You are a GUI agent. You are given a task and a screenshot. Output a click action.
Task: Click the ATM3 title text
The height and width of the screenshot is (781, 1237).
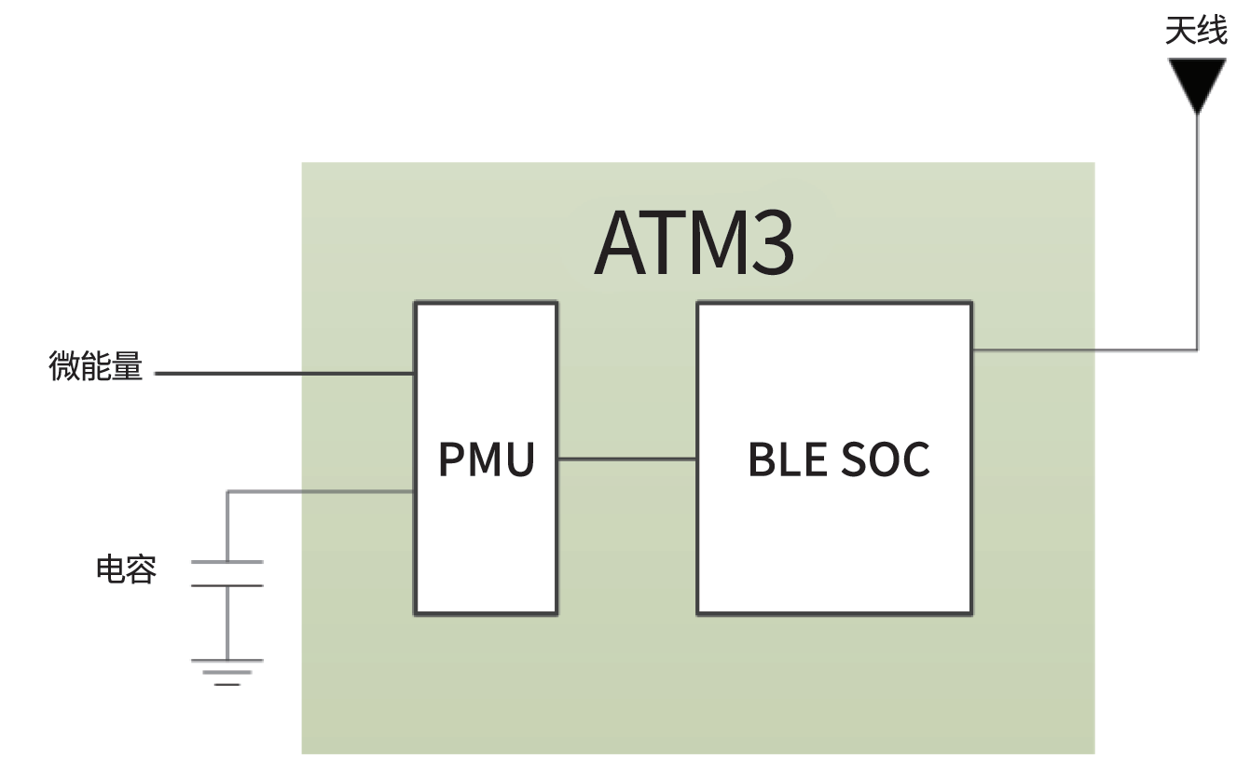(694, 243)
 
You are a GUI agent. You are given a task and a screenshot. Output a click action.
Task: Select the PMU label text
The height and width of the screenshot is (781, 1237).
(487, 459)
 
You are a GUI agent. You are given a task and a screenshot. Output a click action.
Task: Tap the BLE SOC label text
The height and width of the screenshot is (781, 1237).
(839, 459)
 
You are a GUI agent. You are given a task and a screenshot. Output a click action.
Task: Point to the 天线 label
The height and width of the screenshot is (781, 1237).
(1196, 32)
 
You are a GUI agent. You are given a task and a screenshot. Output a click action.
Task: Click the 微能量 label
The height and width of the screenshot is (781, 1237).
(95, 367)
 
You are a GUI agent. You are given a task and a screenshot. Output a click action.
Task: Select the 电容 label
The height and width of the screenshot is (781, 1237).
(126, 569)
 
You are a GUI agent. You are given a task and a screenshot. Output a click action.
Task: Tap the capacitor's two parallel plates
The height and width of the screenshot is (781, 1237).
(227, 573)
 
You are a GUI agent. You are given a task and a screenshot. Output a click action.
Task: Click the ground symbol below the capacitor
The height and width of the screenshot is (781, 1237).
(227, 672)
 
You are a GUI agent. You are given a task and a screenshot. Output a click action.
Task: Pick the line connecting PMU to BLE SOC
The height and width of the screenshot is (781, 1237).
(626, 459)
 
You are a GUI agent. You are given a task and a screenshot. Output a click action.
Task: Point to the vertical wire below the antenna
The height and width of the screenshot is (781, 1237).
(1197, 233)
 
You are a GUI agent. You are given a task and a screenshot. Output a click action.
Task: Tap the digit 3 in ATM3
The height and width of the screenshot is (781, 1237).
(770, 243)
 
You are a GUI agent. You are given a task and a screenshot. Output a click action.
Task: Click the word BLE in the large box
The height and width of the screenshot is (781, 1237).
(779, 459)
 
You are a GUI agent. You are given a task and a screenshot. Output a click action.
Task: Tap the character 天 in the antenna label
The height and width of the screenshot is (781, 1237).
(1180, 32)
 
